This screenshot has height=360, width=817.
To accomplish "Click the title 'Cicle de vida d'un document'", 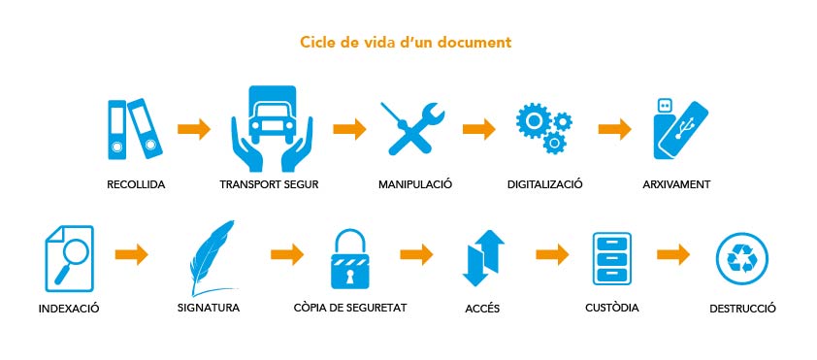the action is (x=406, y=42).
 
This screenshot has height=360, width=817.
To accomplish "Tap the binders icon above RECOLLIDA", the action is (x=135, y=129).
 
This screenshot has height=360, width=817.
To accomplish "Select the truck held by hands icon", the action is (x=272, y=128).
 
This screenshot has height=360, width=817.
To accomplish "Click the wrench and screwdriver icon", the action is (x=412, y=128).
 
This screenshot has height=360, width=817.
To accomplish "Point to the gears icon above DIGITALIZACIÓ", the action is (x=543, y=127).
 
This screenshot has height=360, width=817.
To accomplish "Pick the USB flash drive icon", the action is (x=680, y=129).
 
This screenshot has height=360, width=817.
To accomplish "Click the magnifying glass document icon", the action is (x=70, y=258).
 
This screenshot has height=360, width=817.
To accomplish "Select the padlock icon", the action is (x=349, y=259).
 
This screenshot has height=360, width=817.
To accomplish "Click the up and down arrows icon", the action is (x=483, y=258).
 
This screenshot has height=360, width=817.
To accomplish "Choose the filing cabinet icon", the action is (x=611, y=258).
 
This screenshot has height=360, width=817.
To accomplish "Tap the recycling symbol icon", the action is (x=742, y=258).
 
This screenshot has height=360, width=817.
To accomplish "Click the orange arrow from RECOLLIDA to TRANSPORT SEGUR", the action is (x=194, y=129).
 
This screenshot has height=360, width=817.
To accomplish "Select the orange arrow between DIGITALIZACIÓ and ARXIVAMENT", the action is (x=614, y=129).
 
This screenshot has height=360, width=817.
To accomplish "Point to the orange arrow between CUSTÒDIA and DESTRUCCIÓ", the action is (x=673, y=254).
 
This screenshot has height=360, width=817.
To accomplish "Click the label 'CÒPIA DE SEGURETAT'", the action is (x=350, y=308).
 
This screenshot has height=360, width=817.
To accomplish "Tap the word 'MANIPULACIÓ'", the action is (x=415, y=184).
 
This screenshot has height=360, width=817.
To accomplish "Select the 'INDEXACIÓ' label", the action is (x=69, y=309).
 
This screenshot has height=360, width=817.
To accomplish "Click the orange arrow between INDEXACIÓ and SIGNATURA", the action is (x=131, y=254).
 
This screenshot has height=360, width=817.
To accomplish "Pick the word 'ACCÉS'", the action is (x=482, y=309).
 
